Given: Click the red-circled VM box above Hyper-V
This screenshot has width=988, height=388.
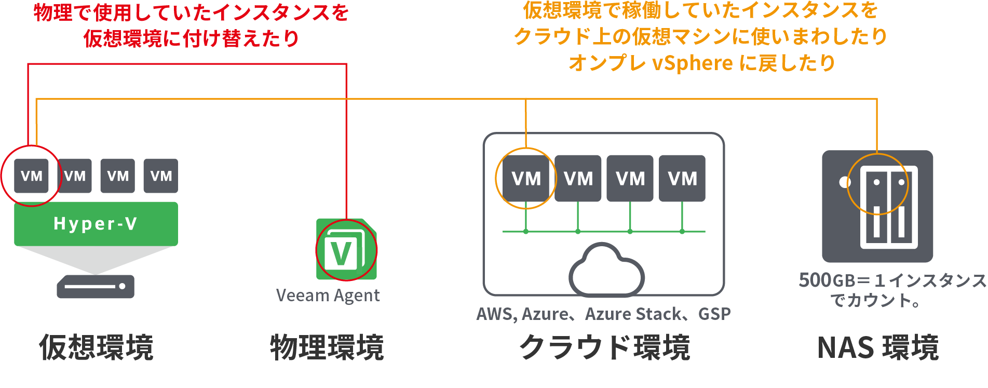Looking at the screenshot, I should click(x=31, y=176).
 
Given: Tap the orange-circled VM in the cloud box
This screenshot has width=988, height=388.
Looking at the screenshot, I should click(x=526, y=179).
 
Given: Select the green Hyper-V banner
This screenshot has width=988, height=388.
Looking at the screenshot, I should click(x=96, y=224).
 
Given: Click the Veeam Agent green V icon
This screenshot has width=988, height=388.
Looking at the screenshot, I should click(x=346, y=250).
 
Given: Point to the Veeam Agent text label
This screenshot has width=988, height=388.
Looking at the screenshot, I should click(x=328, y=296).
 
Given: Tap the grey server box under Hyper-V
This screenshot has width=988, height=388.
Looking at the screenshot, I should click(x=96, y=286).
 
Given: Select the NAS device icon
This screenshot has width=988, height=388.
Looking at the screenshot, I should click(x=877, y=206).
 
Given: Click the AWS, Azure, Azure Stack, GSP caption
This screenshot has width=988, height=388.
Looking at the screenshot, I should click(x=603, y=314).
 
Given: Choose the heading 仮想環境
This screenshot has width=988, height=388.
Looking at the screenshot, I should click(x=96, y=347).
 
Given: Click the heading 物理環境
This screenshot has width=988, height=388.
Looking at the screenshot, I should click(x=327, y=347).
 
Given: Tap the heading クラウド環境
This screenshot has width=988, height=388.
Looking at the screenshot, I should click(x=605, y=347).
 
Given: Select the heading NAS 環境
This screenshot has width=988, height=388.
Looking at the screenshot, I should click(x=877, y=347).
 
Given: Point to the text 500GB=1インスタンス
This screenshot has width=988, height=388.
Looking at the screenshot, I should click(x=892, y=280).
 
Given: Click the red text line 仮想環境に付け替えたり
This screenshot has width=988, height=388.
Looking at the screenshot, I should click(x=192, y=38).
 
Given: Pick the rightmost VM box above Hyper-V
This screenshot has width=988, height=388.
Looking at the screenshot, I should click(x=161, y=176).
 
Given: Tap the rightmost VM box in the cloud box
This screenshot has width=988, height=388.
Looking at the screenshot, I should click(x=682, y=179).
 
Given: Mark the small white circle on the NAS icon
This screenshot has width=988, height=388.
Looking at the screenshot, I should click(x=845, y=182).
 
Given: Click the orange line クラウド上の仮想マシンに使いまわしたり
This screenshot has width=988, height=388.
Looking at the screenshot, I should click(x=700, y=36).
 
